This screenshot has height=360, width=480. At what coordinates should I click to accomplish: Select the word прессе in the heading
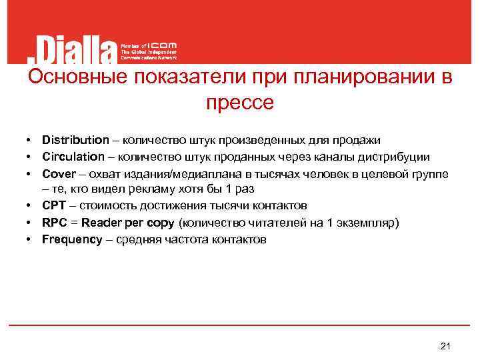(240, 103)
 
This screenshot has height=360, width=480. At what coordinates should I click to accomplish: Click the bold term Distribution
(75, 140)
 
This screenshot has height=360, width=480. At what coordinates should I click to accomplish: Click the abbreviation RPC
(54, 223)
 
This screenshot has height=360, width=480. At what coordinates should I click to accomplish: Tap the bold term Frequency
(71, 239)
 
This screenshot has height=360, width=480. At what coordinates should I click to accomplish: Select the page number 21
(447, 345)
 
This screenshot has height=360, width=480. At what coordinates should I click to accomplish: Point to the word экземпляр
(368, 223)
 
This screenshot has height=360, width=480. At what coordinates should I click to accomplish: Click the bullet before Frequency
(30, 239)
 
